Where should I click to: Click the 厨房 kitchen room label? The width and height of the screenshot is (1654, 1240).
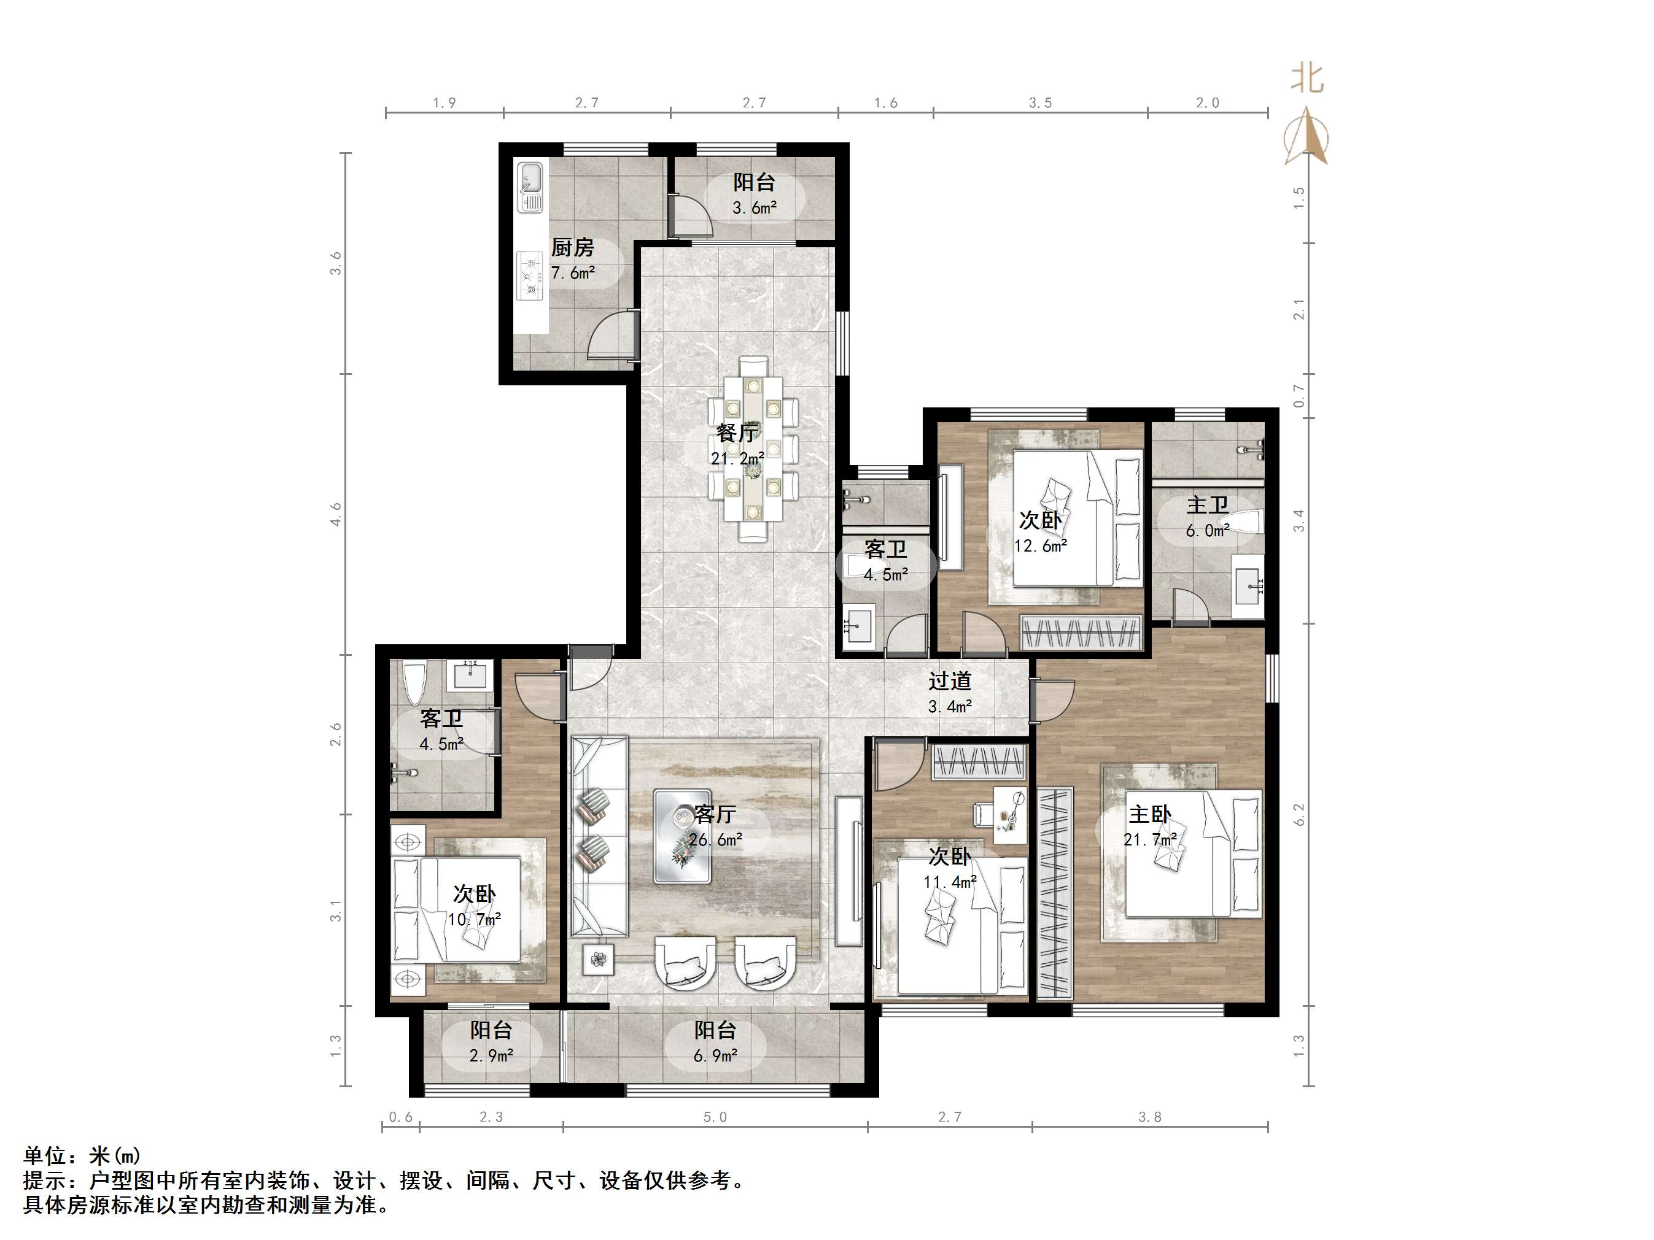573,247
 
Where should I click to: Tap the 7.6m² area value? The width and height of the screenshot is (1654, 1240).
573,273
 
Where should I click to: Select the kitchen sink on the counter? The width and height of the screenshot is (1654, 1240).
530,187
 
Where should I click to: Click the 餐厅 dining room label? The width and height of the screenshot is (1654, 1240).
738,432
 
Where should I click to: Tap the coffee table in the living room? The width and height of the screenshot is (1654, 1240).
682,836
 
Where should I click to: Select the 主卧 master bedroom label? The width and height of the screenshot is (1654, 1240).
1150,814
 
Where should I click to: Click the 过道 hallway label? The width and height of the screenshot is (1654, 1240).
950,681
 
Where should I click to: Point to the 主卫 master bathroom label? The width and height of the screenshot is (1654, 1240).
1208,506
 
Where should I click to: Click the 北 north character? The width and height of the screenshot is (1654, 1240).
1307,79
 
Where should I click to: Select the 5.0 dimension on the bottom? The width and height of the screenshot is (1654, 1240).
715,1117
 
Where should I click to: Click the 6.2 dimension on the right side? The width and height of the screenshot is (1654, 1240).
1298,814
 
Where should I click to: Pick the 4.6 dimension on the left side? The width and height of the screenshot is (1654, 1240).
336,514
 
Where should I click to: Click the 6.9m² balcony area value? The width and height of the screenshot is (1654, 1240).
716,1055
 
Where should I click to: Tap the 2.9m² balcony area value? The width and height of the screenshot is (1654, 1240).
491,1055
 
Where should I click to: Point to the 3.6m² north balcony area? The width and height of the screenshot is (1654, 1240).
755,208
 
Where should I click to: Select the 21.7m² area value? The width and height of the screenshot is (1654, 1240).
1150,839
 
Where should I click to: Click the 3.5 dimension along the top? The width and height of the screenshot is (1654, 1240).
1040,103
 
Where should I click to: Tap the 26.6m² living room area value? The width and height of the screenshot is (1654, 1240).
716,839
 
